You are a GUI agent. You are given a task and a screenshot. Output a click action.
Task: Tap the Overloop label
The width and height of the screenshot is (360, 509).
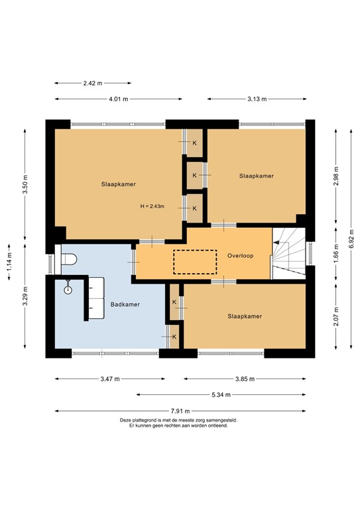[240, 254]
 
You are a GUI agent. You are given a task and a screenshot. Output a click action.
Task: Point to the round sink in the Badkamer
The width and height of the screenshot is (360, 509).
[67, 289]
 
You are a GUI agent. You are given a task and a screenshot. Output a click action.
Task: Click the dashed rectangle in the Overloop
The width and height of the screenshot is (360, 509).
[195, 261]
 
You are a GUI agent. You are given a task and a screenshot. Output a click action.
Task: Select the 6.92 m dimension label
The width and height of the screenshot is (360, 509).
[351, 235]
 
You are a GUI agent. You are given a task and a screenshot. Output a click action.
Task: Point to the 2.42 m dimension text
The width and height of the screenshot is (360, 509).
[92, 84]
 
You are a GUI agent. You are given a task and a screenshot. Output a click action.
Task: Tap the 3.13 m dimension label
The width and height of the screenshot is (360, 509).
[256, 99]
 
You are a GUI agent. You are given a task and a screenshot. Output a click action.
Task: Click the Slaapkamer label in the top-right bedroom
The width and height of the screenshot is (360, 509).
[256, 176]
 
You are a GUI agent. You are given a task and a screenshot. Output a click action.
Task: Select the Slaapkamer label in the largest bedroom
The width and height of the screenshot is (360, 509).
[119, 184]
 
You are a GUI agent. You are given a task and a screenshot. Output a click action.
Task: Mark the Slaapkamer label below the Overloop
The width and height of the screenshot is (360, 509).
[245, 316]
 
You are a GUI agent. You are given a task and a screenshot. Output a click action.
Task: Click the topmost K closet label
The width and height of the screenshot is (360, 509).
[194, 142]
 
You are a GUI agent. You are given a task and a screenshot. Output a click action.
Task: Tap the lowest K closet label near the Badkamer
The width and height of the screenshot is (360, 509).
[174, 337]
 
